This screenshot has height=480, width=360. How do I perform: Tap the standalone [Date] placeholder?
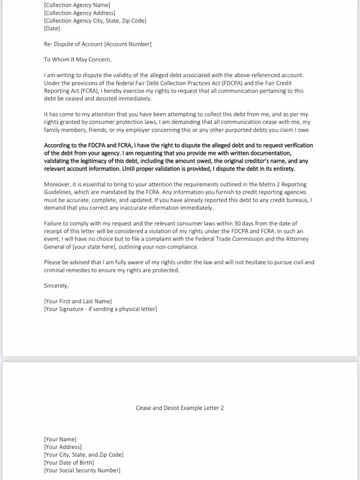(52, 28)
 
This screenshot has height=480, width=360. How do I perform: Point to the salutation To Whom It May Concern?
(78, 59)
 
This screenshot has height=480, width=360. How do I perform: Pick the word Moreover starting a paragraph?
(57, 184)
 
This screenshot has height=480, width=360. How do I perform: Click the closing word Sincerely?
(57, 285)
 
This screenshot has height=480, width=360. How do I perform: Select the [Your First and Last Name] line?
(78, 301)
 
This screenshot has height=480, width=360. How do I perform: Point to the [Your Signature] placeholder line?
(100, 309)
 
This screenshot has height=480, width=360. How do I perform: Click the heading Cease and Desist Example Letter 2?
(180, 408)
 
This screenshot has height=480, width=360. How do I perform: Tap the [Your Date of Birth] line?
(73, 463)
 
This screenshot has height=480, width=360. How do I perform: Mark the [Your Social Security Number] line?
(82, 470)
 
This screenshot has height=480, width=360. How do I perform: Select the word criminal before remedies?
(57, 270)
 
